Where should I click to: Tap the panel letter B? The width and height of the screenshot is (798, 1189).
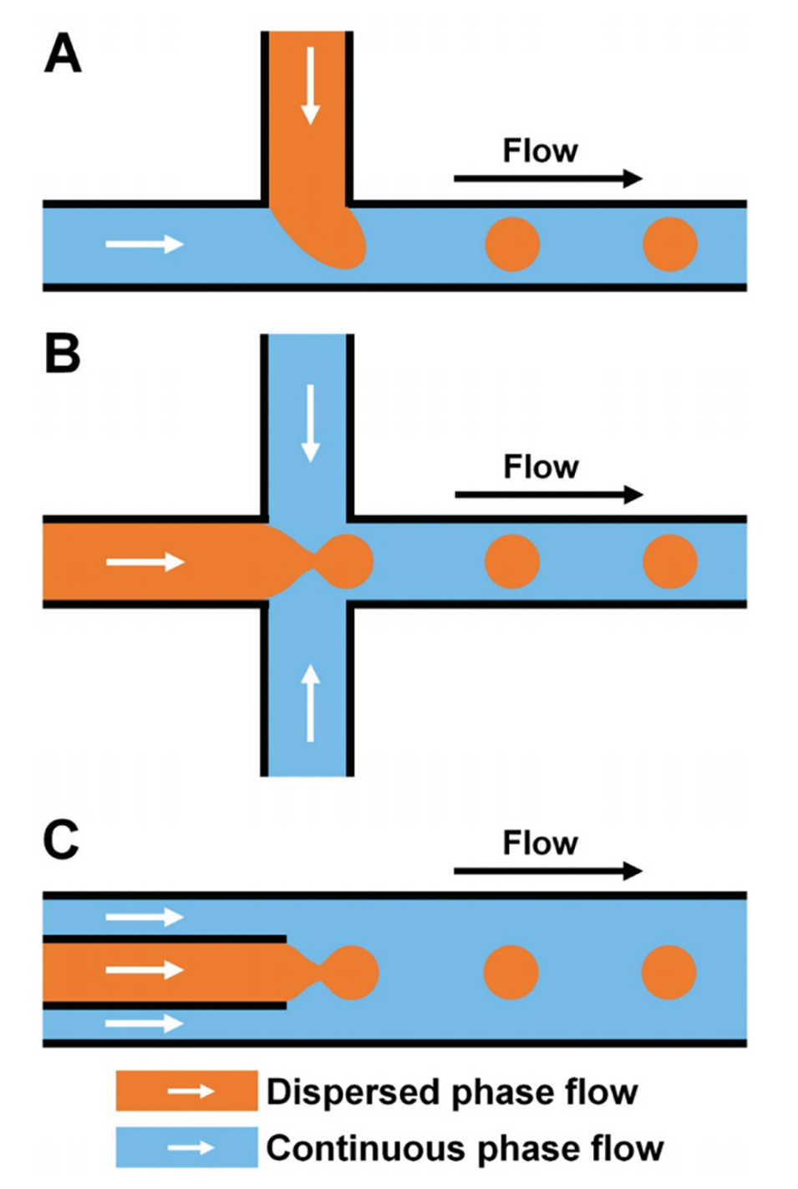pyautogui.click(x=63, y=353)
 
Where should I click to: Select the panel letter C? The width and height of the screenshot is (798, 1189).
pyautogui.click(x=61, y=839)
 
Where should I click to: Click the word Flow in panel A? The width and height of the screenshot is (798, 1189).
pyautogui.click(x=540, y=151)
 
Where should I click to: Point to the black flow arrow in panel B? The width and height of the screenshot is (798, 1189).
pyautogui.click(x=548, y=495)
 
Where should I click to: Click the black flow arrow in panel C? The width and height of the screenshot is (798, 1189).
pyautogui.click(x=548, y=871)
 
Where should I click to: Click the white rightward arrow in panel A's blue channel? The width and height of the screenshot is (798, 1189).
pyautogui.click(x=145, y=244)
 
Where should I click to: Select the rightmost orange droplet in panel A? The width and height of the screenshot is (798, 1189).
pyautogui.click(x=670, y=244)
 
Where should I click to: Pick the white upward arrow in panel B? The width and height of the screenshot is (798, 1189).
pyautogui.click(x=311, y=702)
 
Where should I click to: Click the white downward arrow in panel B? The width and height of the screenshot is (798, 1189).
pyautogui.click(x=311, y=423)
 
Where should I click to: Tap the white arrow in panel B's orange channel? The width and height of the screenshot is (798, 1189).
pyautogui.click(x=145, y=561)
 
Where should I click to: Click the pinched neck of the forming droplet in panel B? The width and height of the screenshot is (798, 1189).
pyautogui.click(x=315, y=561)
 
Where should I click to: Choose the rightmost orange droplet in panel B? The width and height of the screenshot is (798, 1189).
pyautogui.click(x=670, y=561)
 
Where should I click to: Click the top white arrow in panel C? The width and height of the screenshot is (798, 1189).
pyautogui.click(x=145, y=917)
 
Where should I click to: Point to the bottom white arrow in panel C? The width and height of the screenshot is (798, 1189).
pyautogui.click(x=145, y=1023)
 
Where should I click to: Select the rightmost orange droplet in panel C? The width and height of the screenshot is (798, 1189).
pyautogui.click(x=669, y=972)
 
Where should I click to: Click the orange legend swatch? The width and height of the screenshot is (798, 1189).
pyautogui.click(x=186, y=1091)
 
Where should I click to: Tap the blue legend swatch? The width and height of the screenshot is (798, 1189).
pyautogui.click(x=186, y=1147)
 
